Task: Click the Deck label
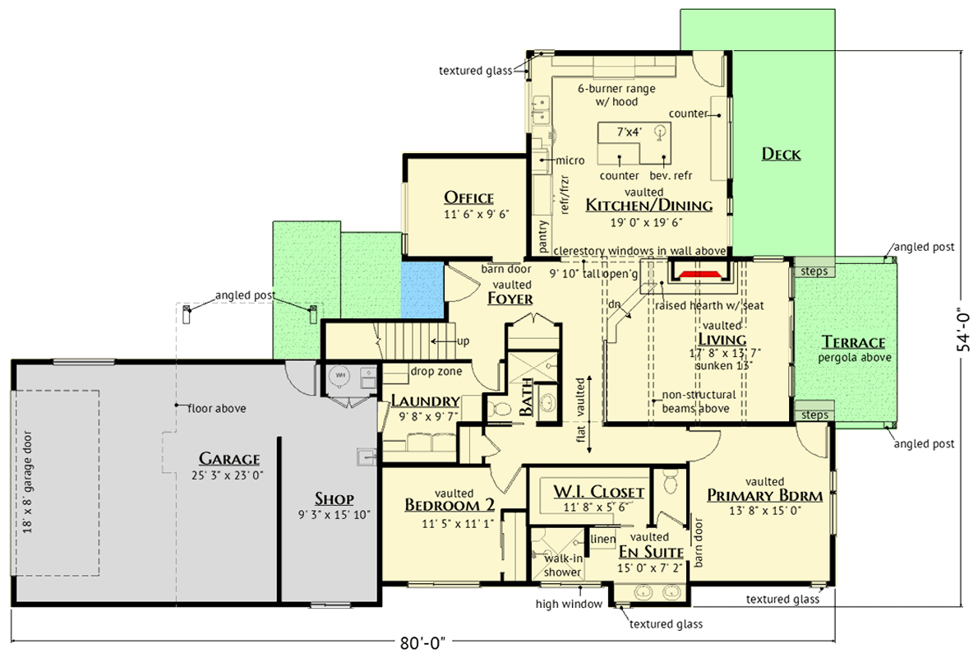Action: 781,154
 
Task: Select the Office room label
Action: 468,197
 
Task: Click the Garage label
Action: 229,459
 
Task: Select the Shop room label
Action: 334,498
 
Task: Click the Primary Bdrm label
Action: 764,495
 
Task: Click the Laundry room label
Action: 425,401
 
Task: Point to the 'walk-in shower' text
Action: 563,565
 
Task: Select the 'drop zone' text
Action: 436,371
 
